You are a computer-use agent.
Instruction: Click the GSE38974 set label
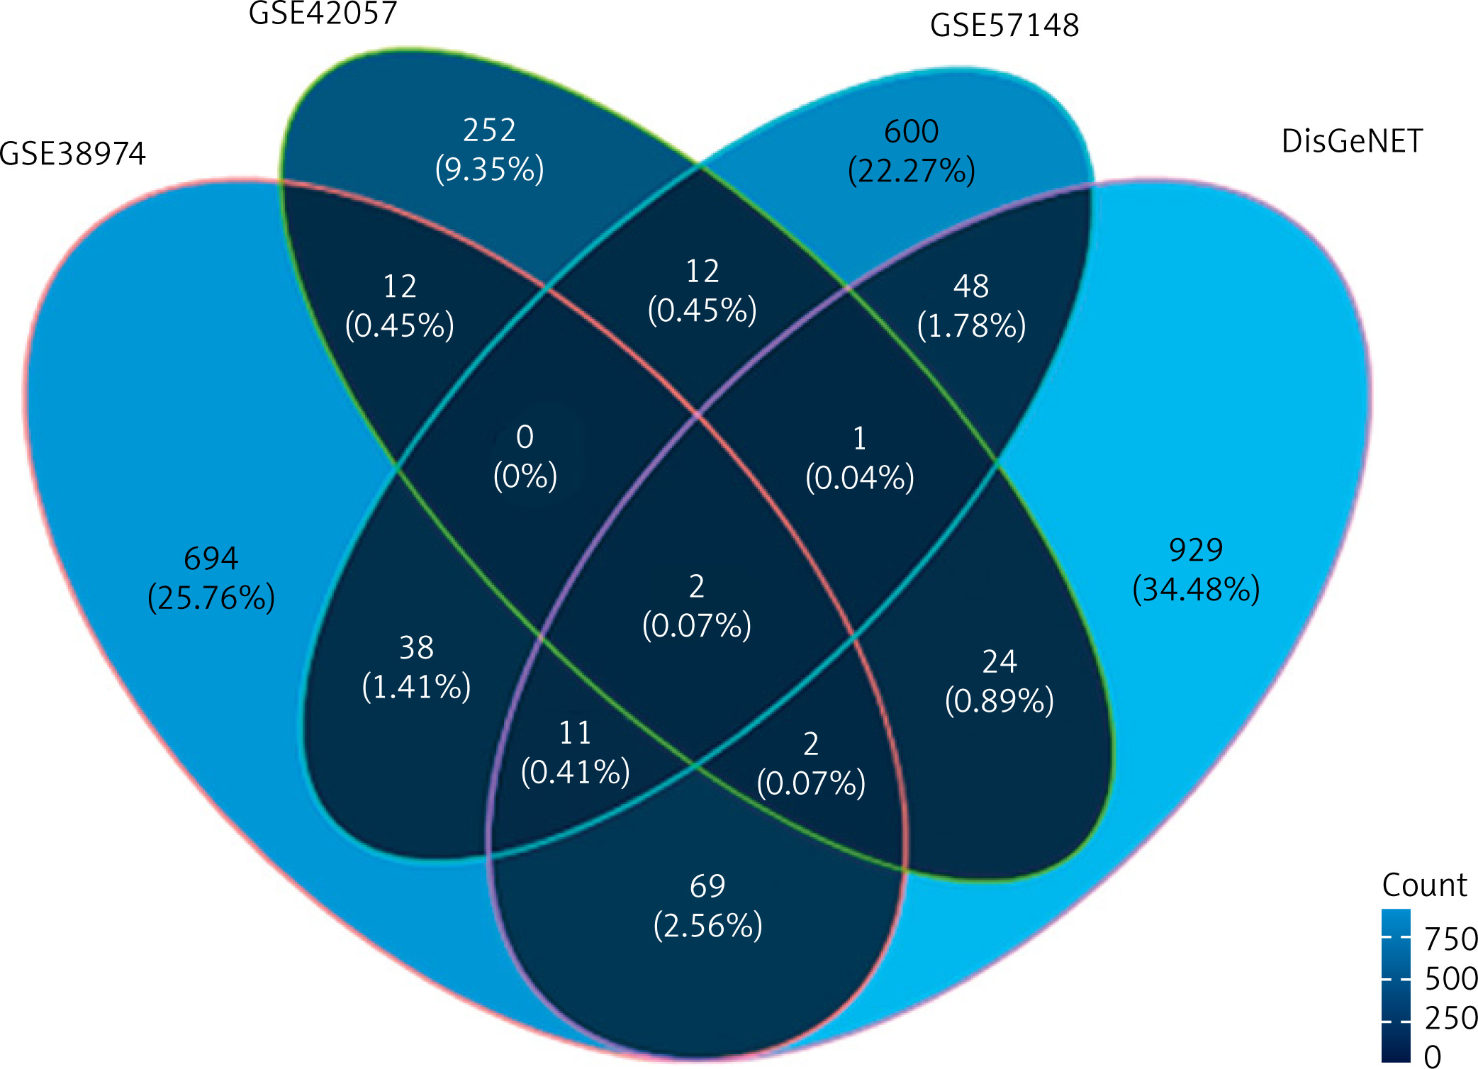click(72, 153)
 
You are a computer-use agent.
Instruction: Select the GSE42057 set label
click(323, 13)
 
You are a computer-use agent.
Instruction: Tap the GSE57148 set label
click(1004, 26)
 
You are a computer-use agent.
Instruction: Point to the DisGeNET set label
click(1352, 141)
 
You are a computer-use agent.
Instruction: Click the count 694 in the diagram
click(211, 559)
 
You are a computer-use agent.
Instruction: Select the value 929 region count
click(1196, 550)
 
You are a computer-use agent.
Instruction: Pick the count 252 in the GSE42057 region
click(489, 130)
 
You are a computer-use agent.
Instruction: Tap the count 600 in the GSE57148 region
click(912, 132)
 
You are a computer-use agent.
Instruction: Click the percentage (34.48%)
click(1196, 590)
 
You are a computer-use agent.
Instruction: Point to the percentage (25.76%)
click(211, 598)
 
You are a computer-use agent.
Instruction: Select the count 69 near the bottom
click(707, 886)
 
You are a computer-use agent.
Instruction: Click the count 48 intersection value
click(970, 286)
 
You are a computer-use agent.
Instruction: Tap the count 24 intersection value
click(1000, 662)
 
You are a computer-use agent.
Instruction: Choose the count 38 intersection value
click(416, 648)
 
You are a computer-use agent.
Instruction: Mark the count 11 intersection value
click(575, 733)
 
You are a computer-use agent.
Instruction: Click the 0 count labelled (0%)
click(525, 437)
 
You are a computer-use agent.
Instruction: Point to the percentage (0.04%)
click(860, 478)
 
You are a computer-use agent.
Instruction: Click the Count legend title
click(1424, 885)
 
